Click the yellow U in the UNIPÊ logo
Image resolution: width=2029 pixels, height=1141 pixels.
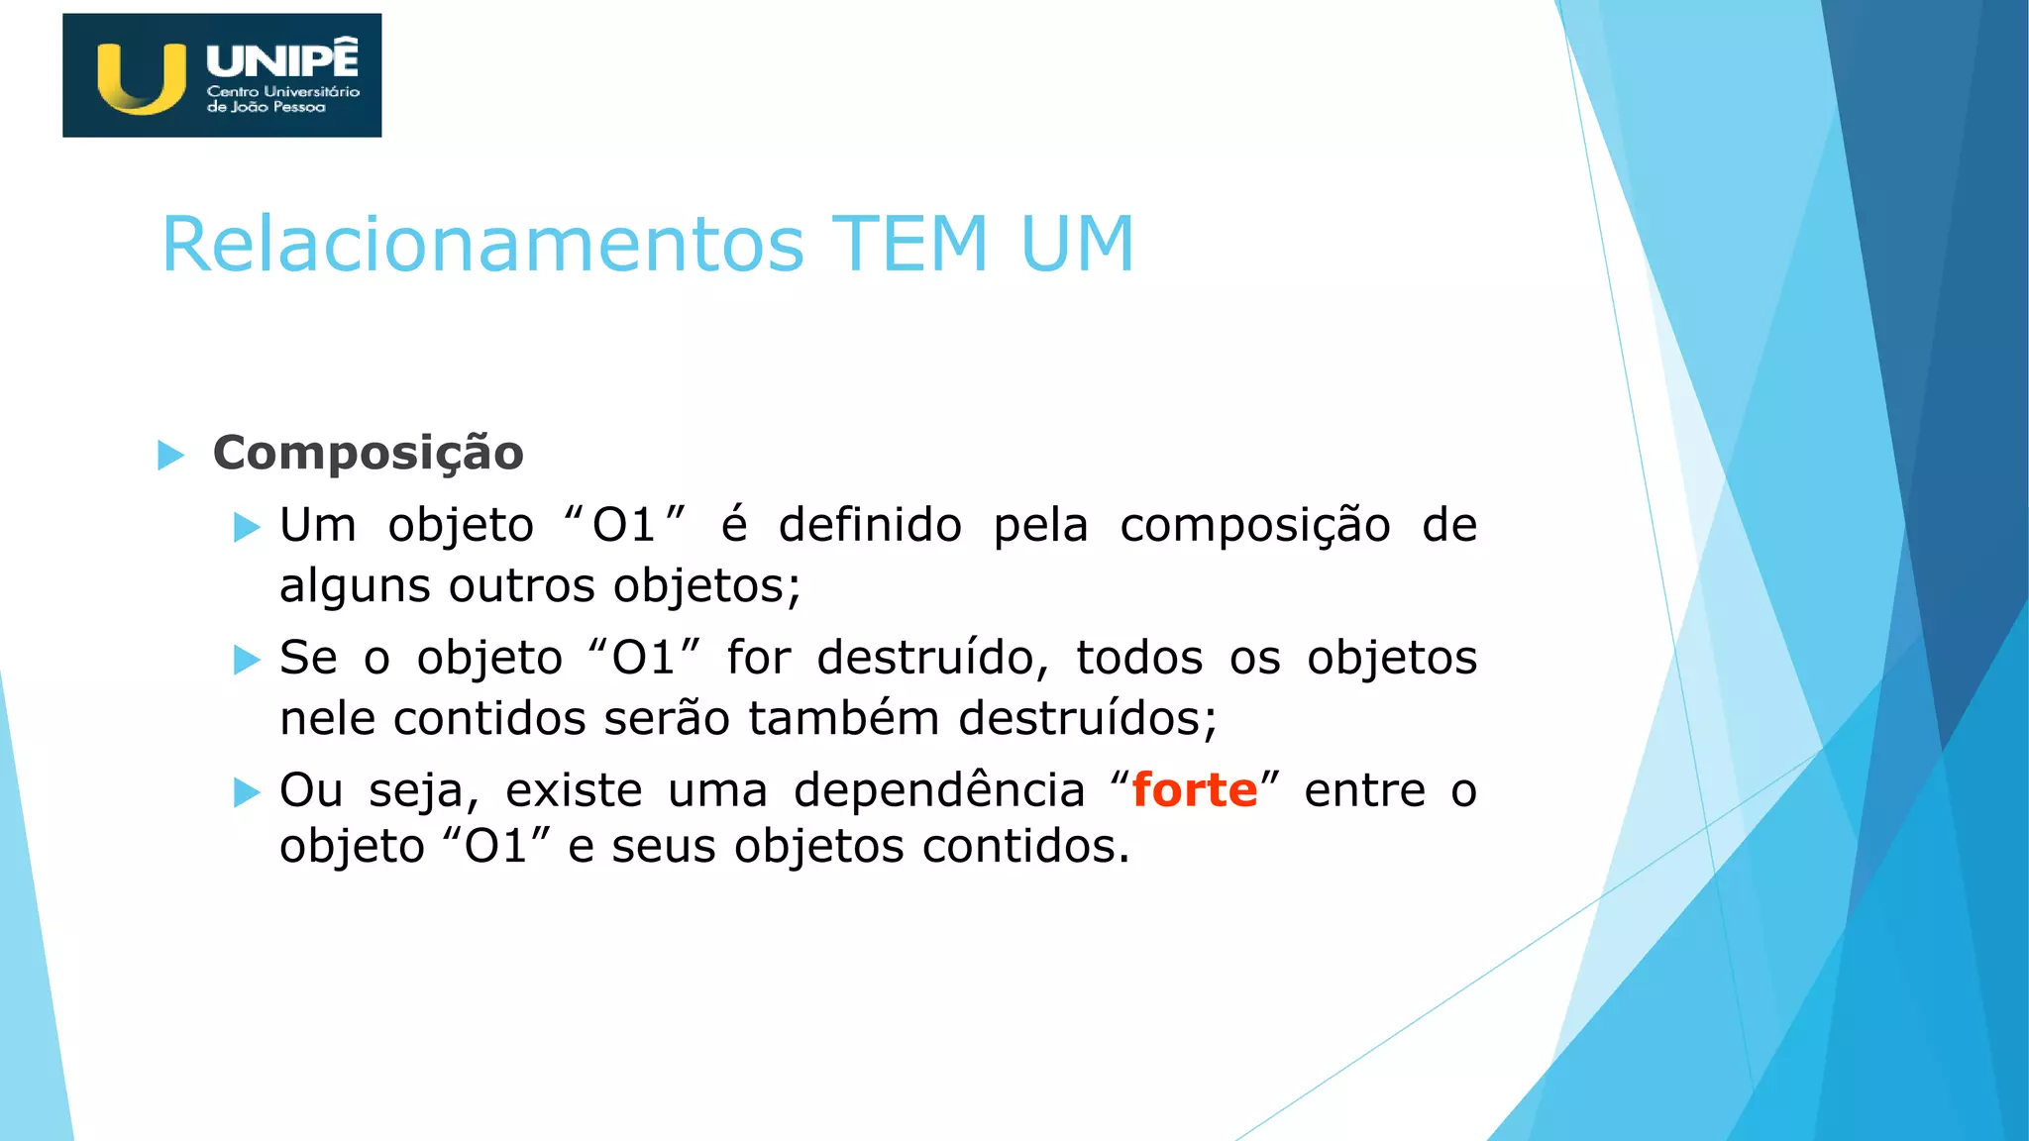point(141,78)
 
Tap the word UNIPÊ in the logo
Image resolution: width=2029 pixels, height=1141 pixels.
point(282,59)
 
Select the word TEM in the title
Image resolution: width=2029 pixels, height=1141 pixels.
point(909,245)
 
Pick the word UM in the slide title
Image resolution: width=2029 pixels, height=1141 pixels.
point(1077,245)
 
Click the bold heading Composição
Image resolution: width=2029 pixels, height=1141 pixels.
point(369,454)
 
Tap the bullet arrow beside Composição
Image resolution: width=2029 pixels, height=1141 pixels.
point(171,456)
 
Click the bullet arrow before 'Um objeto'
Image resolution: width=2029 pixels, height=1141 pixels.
point(247,527)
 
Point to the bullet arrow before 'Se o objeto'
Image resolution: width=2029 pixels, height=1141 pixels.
point(247,660)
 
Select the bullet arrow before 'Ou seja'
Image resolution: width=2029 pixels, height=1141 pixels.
point(247,792)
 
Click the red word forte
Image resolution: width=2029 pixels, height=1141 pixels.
point(1195,790)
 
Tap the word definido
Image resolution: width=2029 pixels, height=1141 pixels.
point(870,525)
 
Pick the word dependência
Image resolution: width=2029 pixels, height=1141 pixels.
point(939,790)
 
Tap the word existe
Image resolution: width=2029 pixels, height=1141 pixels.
point(574,790)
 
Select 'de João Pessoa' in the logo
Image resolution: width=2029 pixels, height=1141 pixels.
point(266,107)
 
